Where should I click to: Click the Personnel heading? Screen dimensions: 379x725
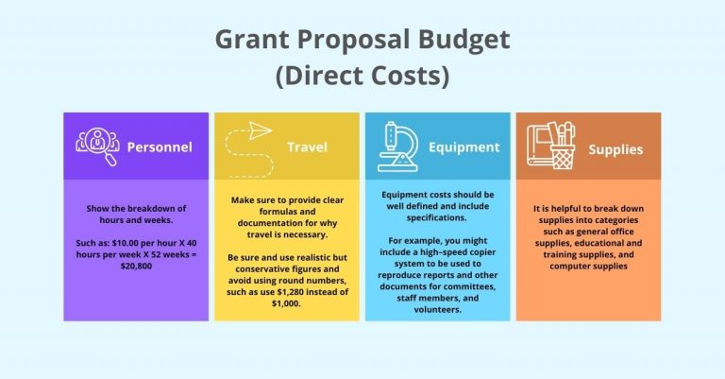point(159,147)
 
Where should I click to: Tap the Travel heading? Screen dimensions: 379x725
point(307,147)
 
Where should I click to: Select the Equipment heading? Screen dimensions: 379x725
point(464,147)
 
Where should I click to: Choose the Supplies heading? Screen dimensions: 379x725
point(615,149)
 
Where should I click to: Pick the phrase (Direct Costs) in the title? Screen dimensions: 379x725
point(362,75)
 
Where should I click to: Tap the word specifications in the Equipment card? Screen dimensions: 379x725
point(436,217)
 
